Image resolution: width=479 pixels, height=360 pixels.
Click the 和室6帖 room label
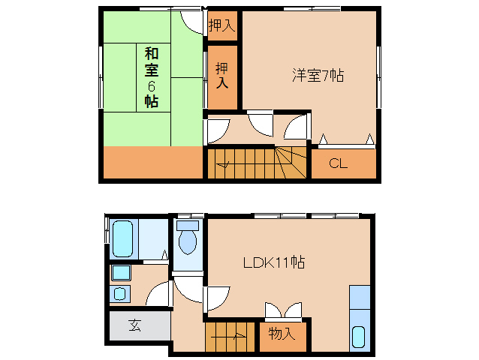(x=151, y=77)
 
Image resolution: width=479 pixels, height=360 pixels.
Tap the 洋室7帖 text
(x=318, y=76)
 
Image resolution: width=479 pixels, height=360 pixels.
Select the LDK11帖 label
(x=273, y=262)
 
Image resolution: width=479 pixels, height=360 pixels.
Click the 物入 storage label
(x=282, y=334)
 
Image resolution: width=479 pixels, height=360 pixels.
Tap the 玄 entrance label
(x=134, y=325)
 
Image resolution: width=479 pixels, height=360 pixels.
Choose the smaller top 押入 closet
(x=221, y=25)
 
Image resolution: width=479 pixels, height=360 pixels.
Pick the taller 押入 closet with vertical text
(x=223, y=76)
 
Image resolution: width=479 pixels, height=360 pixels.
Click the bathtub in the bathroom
(x=122, y=238)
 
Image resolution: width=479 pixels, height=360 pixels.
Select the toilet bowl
(x=188, y=242)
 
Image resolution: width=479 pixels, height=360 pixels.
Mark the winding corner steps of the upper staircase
(x=291, y=160)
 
